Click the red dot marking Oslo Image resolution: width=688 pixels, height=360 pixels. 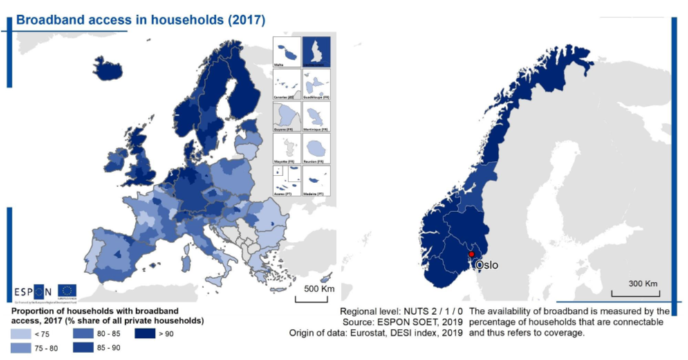472,254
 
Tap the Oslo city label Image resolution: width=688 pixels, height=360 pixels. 485,265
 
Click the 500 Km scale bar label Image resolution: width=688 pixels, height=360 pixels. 315,287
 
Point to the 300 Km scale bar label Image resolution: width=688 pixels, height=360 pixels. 642,283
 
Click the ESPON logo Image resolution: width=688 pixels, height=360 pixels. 32,291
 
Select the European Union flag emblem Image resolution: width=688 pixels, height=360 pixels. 67,291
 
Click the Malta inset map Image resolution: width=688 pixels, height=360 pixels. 287,51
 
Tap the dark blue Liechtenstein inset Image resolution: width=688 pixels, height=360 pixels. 317,51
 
